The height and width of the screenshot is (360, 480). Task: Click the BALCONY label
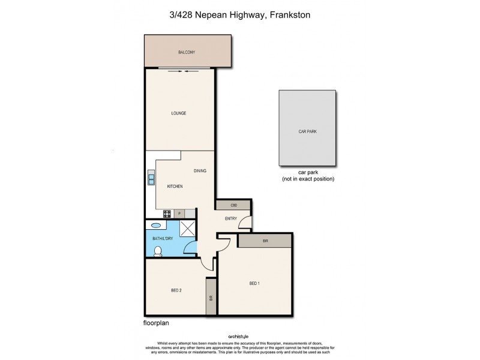coord(187,53)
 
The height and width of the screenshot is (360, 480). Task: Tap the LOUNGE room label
coord(178,113)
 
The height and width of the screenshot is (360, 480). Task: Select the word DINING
coord(200,171)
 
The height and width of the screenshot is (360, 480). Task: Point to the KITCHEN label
coord(175,187)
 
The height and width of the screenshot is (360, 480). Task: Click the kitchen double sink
coord(151,178)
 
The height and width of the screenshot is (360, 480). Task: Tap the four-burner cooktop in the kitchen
coord(167,214)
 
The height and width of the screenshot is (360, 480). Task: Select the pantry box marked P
coord(179,214)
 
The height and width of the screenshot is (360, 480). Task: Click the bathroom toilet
coord(158,251)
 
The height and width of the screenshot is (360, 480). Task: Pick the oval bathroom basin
coord(156,226)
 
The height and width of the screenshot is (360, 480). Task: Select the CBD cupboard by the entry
coord(234,205)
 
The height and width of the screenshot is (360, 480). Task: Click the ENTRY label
coord(230,218)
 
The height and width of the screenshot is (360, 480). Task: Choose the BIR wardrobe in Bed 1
coord(265,240)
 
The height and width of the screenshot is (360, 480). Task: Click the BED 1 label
coord(254,283)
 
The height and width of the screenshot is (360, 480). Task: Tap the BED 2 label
coord(176,290)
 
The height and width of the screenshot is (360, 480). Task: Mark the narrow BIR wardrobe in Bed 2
coord(211,296)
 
